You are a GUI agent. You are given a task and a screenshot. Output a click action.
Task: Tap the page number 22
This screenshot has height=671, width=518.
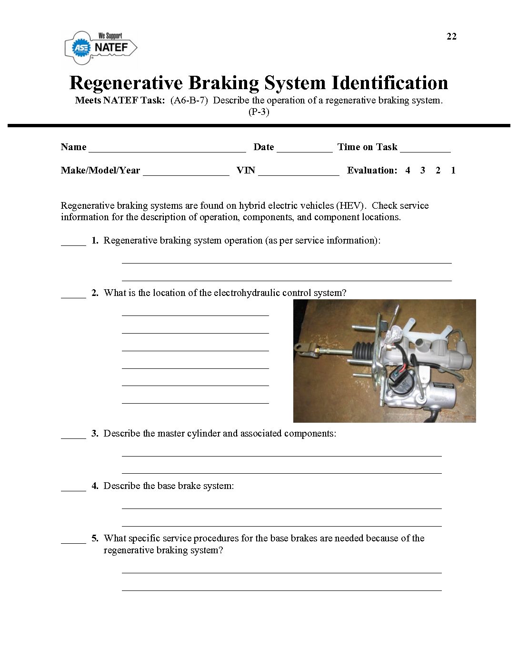pos(451,37)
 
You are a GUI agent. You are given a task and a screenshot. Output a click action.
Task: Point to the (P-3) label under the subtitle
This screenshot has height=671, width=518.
pos(259,112)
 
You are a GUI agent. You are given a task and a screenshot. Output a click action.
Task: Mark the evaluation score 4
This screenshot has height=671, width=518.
pos(408,170)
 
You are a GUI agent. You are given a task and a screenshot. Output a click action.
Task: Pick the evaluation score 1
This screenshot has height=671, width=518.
pos(453,170)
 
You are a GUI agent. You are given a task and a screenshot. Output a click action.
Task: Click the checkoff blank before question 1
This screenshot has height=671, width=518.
pos(73,242)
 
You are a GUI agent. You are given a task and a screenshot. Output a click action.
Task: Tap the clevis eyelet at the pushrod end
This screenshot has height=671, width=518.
pos(301,347)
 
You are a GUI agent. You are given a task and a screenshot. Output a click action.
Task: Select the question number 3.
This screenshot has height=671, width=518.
pos(95,433)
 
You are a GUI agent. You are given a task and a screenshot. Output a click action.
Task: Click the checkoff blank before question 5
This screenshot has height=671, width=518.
pos(73,540)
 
